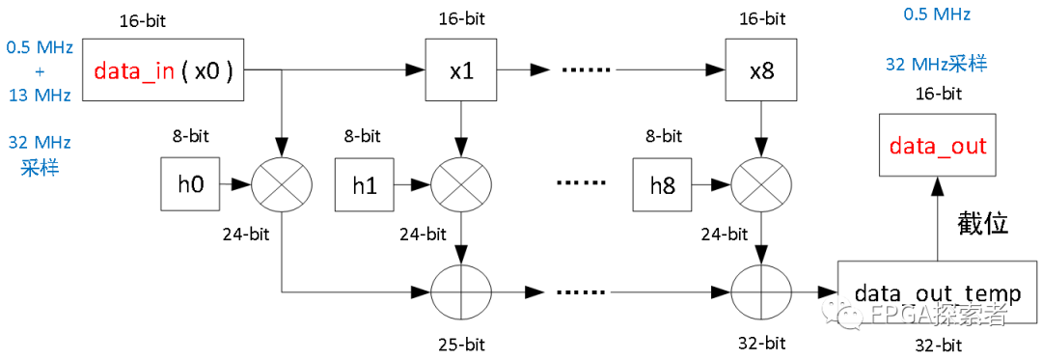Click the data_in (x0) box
click(164, 69)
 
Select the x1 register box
click(461, 70)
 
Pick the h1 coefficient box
click(364, 184)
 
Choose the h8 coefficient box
click(662, 184)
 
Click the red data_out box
click(937, 145)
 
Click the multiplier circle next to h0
click(280, 183)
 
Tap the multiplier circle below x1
click(461, 183)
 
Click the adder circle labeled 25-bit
click(461, 291)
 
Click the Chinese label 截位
click(982, 224)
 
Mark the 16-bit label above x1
click(460, 18)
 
